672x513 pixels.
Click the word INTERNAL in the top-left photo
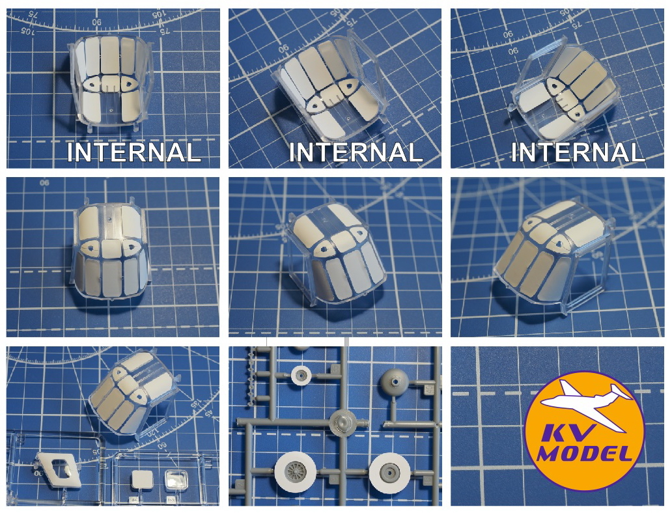click(133, 152)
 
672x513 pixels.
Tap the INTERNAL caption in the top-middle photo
click(356, 152)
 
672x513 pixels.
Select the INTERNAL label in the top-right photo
click(578, 152)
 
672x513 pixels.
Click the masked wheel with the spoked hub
click(295, 471)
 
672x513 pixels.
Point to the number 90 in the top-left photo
click(97, 22)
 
